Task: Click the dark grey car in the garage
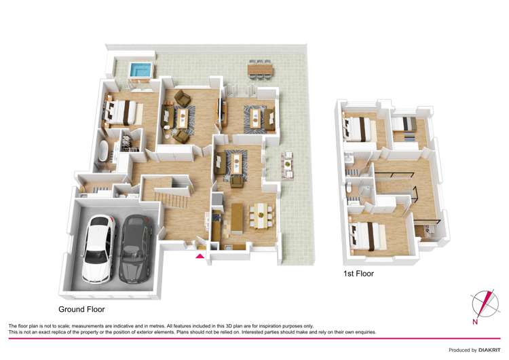coord(136,249)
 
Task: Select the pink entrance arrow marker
coord(199,256)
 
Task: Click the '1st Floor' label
coord(358,274)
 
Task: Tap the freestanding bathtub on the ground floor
coord(104,151)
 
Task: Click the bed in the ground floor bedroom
coord(122,111)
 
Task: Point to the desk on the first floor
coord(428,231)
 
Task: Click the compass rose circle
coord(482,302)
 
